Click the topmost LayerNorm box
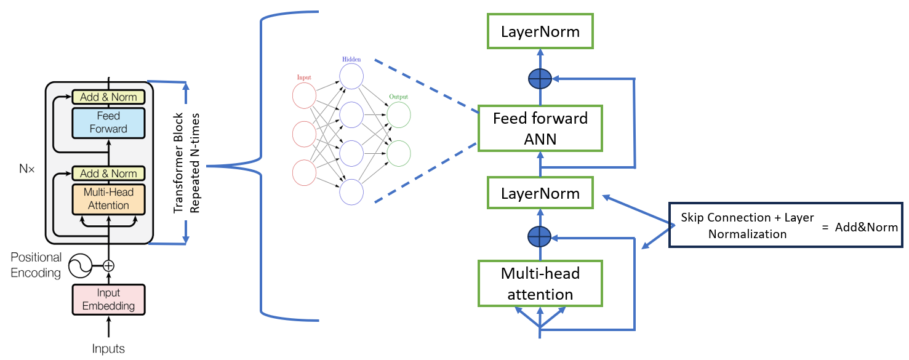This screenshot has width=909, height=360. pos(540,32)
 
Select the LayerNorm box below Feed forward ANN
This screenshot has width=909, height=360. pos(540,193)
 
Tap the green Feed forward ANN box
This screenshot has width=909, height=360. pos(540,128)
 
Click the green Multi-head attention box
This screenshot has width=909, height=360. pos(540,283)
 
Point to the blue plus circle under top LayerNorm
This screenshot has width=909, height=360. pos(540,79)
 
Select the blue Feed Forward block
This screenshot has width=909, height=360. pos(108,122)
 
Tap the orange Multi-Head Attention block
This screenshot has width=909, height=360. pos(108,199)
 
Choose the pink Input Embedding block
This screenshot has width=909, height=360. pos(108,300)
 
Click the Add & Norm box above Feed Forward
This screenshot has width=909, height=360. pos(108,97)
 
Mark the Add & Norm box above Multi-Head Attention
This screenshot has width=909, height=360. pos(108,173)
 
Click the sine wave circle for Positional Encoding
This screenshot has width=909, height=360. pos(79,266)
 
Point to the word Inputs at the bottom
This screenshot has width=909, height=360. pos(108,349)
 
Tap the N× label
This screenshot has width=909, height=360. pos(25,167)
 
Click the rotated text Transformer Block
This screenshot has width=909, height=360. pos(179,163)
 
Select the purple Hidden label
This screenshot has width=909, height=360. pos(350,60)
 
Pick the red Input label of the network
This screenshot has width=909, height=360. pos(304,78)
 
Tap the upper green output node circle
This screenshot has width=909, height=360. pos(399,115)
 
